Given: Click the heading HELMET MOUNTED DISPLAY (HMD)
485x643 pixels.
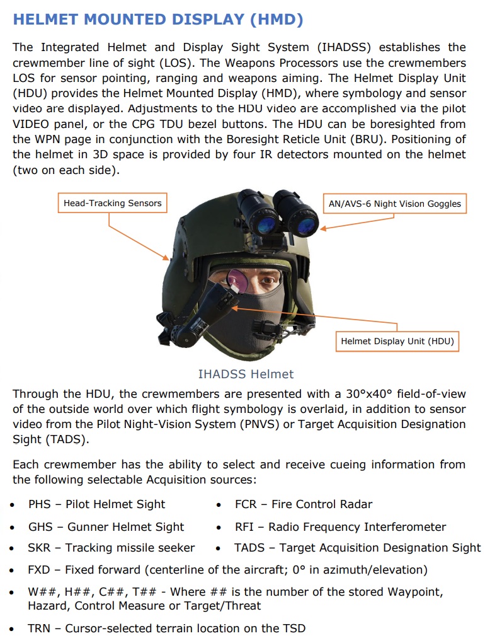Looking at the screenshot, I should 157,20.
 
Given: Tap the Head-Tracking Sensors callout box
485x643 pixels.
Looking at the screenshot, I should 112,203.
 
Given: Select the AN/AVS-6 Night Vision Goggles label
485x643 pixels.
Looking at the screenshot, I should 395,204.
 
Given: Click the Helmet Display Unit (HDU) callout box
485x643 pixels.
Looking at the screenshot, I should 397,341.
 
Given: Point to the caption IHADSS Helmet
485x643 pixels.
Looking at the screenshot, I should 246,374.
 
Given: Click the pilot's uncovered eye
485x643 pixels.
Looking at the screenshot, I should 268,281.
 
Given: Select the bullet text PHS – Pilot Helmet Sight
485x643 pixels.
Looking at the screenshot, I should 96,504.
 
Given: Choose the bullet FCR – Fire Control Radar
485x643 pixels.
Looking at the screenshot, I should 303,504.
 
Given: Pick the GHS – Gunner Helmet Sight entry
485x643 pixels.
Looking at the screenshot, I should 106,527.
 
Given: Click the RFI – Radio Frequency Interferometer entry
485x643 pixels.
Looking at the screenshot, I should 340,527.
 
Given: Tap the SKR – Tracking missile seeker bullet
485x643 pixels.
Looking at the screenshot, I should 111,548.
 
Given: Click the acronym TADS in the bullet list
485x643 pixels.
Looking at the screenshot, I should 249,548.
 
